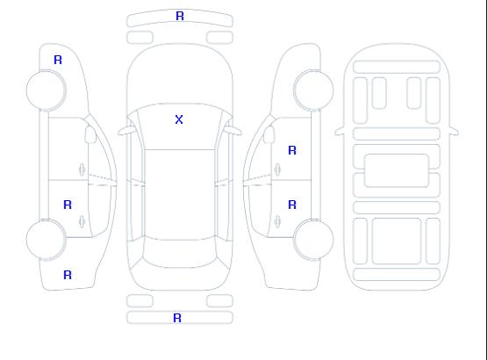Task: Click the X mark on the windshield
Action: coord(179,119)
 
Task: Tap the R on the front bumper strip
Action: coord(180,16)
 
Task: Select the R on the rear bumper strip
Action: coord(177,318)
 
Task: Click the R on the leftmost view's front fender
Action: coord(58,60)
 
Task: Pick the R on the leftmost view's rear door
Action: coord(68,205)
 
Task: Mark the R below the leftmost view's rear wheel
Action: coord(68,275)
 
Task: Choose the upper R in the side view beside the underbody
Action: coord(292,150)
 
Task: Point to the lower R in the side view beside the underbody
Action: coord(292,205)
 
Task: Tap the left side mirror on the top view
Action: coord(126,131)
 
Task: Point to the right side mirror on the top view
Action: coord(233,131)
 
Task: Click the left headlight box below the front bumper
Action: coord(140,38)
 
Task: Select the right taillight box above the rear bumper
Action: coord(219,301)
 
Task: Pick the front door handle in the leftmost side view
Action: coord(82,169)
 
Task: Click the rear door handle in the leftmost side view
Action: coord(82,221)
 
